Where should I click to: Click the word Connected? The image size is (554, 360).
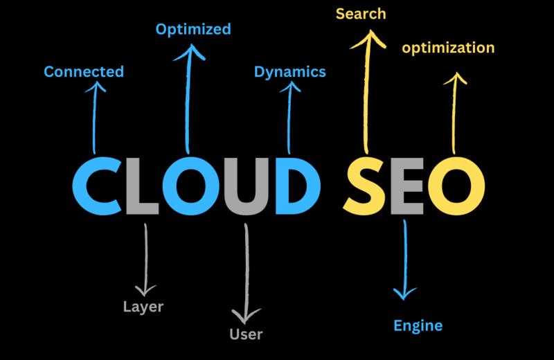[83, 71]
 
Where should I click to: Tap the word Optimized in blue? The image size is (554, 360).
[193, 29]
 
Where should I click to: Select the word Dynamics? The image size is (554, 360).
[289, 71]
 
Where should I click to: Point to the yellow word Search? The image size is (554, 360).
[361, 13]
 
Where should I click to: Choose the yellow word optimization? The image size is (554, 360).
[449, 48]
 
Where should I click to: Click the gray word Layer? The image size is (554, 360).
[143, 306]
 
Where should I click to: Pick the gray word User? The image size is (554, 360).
[246, 334]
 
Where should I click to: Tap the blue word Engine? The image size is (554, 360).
[418, 325]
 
